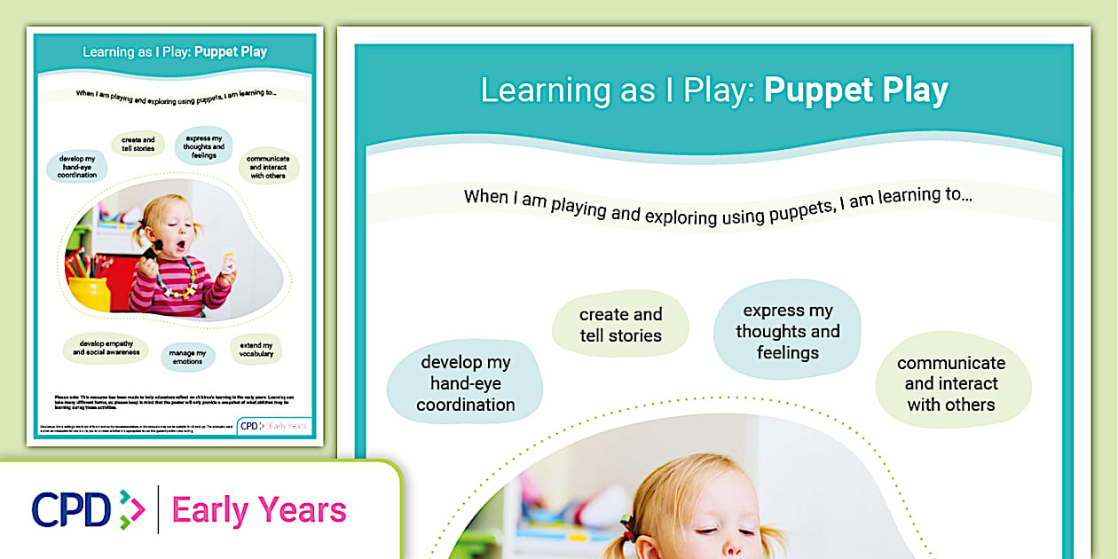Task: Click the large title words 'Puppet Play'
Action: (855, 91)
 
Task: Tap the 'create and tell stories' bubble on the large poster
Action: (620, 325)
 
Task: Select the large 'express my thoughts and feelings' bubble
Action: (787, 332)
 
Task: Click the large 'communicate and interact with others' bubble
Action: (950, 384)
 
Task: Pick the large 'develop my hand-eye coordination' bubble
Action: (466, 383)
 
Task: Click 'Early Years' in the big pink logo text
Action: (258, 511)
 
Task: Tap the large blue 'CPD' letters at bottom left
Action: (71, 510)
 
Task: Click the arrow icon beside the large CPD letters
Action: (131, 510)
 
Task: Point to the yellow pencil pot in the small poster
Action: (88, 293)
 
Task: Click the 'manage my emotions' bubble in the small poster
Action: (187, 357)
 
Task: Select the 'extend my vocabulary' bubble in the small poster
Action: (256, 350)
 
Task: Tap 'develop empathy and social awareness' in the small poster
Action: (106, 349)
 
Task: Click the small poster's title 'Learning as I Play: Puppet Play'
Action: (175, 51)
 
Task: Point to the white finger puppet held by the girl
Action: (229, 263)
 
